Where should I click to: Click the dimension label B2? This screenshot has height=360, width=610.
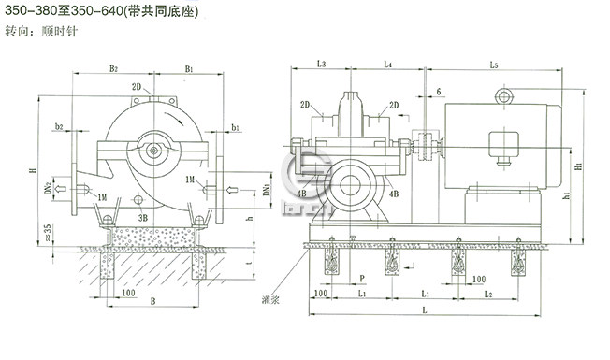pyautogui.click(x=113, y=68)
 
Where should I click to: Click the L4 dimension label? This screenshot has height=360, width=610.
pyautogui.click(x=386, y=64)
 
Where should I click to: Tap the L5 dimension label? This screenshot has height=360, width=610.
pyautogui.click(x=494, y=64)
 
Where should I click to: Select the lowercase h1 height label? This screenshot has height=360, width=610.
pyautogui.click(x=568, y=197)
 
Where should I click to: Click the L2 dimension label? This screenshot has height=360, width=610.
pyautogui.click(x=488, y=294)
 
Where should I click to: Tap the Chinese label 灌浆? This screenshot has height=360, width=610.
pyautogui.click(x=270, y=302)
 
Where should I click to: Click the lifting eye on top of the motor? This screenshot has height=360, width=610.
pyautogui.click(x=506, y=95)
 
